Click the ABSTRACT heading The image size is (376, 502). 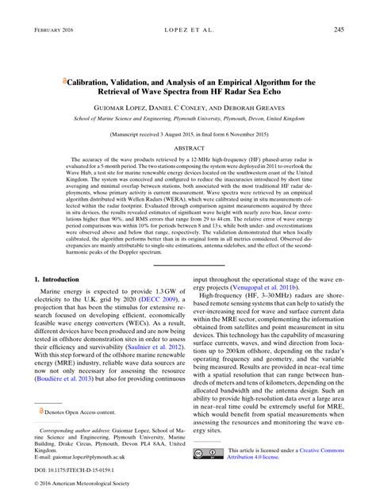tap(188, 148)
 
